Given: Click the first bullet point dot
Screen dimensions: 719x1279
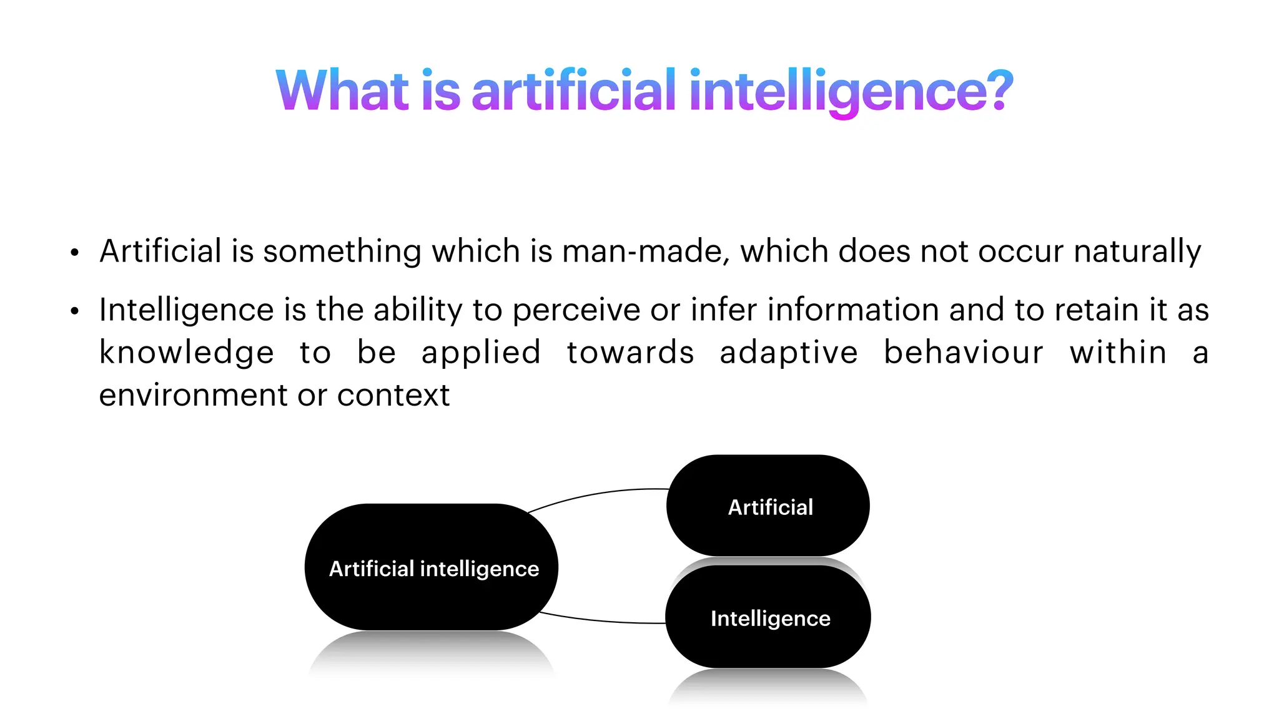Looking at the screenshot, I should click(75, 253).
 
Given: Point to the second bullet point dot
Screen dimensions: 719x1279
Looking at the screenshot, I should click(75, 311).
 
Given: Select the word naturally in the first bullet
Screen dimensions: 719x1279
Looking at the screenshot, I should click(1137, 252).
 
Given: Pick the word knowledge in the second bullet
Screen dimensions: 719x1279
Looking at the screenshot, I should click(187, 353).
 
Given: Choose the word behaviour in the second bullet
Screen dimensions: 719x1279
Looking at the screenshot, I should click(964, 353).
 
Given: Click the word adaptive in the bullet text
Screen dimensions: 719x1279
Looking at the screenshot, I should click(789, 353).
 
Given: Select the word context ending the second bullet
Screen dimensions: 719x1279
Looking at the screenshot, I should click(393, 395).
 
